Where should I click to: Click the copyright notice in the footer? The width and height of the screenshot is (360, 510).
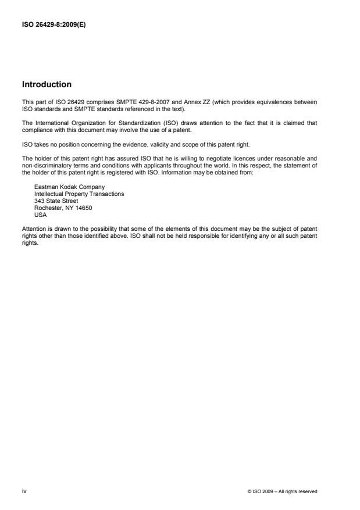281,491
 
